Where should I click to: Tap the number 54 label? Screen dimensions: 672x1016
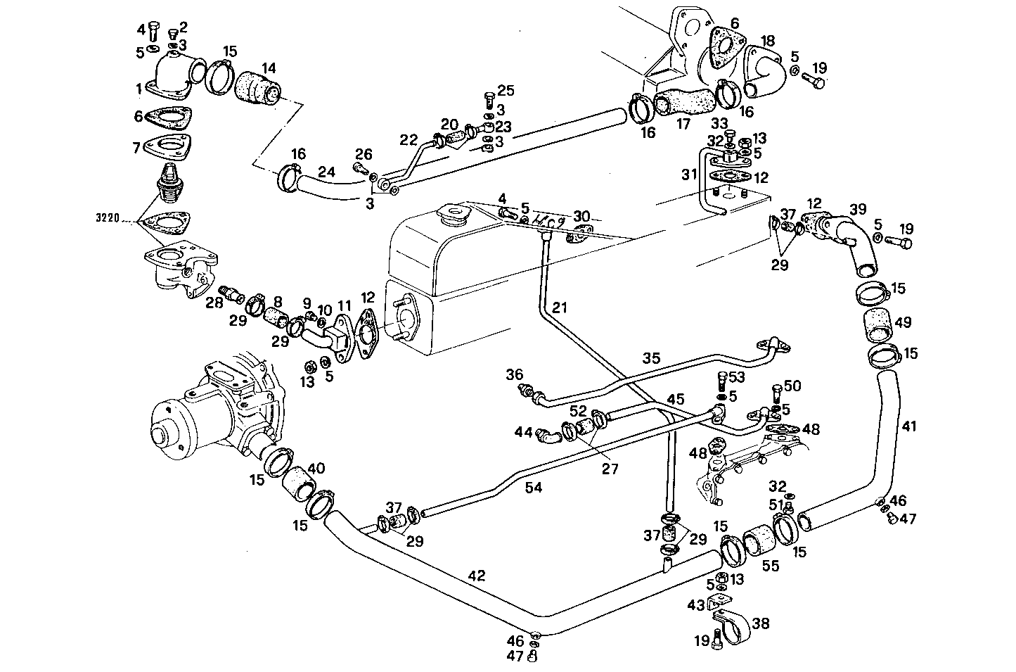click(x=534, y=486)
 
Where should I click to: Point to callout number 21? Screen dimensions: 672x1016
click(x=559, y=307)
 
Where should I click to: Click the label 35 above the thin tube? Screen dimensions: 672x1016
click(x=651, y=357)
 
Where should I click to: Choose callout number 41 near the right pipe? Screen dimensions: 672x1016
click(x=909, y=426)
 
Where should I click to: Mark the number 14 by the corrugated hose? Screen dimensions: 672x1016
click(x=269, y=68)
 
